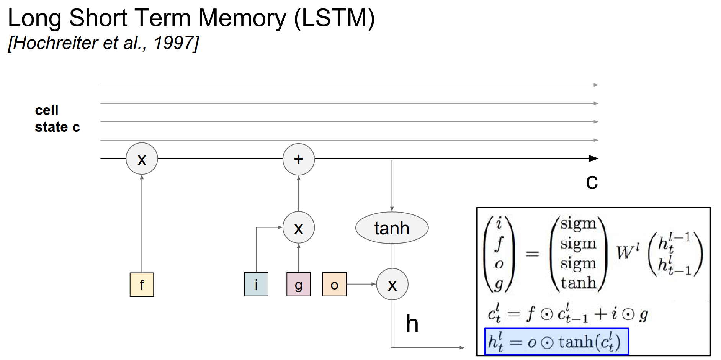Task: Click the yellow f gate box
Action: pyautogui.click(x=142, y=285)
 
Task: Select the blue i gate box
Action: pyautogui.click(x=256, y=284)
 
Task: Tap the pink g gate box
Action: pyautogui.click(x=299, y=284)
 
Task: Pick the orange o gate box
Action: pyautogui.click(x=334, y=284)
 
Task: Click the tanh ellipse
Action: pyautogui.click(x=392, y=228)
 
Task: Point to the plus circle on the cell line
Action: pyautogui.click(x=299, y=159)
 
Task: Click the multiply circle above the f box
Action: pyautogui.click(x=142, y=159)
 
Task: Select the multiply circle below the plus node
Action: pyautogui.click(x=299, y=227)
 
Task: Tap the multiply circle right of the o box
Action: pyautogui.click(x=392, y=284)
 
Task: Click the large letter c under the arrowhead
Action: pyautogui.click(x=592, y=182)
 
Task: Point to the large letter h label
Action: pyautogui.click(x=412, y=324)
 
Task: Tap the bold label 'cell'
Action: pyautogui.click(x=47, y=110)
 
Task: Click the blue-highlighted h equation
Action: pyautogui.click(x=556, y=341)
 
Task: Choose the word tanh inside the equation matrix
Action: pyautogui.click(x=579, y=283)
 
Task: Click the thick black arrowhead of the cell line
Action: pyautogui.click(x=593, y=159)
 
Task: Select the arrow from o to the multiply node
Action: pyautogui.click(x=361, y=284)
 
